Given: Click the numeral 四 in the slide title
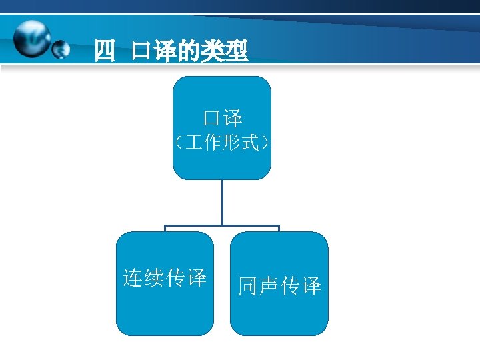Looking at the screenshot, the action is [105, 51].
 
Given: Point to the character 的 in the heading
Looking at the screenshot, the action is [189, 51].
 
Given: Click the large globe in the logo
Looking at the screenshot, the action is [33, 40].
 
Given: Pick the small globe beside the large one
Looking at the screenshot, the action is [61, 49].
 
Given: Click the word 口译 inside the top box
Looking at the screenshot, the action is [223, 119].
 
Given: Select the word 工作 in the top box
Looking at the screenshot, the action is [202, 143].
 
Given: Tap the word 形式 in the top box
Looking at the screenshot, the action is [242, 143].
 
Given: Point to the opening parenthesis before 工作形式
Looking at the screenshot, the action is [177, 143].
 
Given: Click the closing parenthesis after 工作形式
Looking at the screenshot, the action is [266, 143].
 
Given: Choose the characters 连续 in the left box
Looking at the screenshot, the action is [144, 277].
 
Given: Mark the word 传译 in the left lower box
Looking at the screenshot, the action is [186, 277].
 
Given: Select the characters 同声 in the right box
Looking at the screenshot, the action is [258, 286].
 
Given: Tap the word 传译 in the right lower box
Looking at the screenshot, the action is [301, 286].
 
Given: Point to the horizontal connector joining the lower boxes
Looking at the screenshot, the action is [222, 226].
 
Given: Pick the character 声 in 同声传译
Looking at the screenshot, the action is [269, 286].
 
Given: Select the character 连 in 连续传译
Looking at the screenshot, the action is [133, 277].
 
